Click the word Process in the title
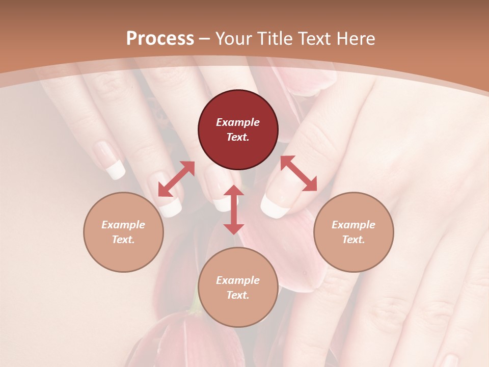point(160,39)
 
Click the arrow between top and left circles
point(176,179)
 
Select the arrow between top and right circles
point(298,174)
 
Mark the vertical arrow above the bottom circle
point(234,209)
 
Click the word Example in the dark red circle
point(238,122)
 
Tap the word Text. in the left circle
point(123,240)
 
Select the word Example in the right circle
point(354,225)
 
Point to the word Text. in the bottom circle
point(238,295)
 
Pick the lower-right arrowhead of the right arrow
point(310,185)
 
